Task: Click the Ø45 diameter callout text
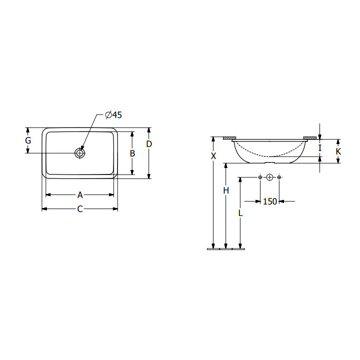click(x=113, y=115)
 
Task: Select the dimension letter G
click(x=28, y=140)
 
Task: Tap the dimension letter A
click(x=80, y=195)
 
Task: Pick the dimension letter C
click(x=80, y=209)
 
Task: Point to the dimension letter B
click(x=132, y=153)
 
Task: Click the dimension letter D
click(x=149, y=144)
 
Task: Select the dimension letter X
click(x=213, y=156)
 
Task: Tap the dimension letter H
click(x=226, y=190)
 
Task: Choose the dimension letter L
click(x=240, y=213)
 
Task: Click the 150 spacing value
click(x=270, y=201)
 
